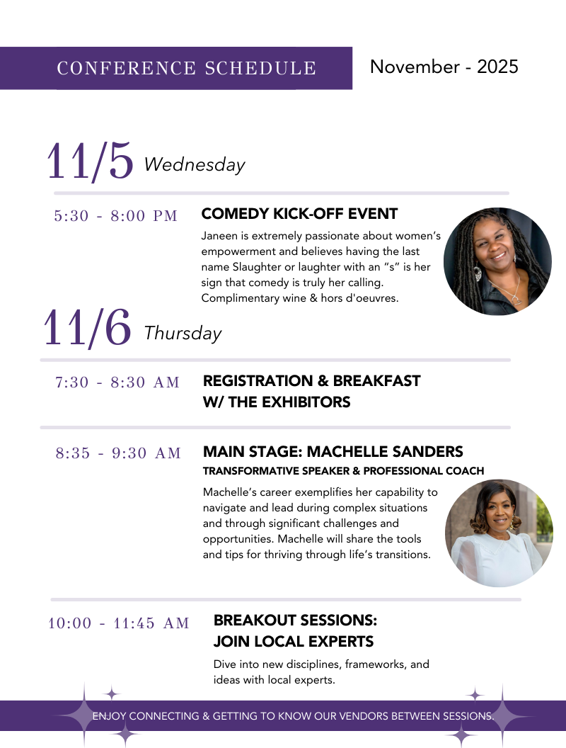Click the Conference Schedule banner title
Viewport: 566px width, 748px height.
(186, 68)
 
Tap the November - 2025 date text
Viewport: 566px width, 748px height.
(444, 67)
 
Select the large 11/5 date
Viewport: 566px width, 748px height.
(90, 161)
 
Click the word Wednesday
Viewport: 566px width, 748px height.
(195, 164)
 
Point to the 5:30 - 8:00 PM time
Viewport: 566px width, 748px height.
(116, 215)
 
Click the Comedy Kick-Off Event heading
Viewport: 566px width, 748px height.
(299, 214)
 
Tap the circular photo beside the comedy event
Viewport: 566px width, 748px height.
(497, 261)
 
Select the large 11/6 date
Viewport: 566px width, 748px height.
(87, 328)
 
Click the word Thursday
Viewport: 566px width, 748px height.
(183, 333)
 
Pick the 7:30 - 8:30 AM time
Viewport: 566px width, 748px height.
(117, 382)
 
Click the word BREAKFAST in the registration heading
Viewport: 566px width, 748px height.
(376, 380)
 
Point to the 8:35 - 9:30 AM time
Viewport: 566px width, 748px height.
(118, 453)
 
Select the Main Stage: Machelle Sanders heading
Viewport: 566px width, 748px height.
(333, 451)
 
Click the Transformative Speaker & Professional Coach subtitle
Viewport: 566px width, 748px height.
(344, 471)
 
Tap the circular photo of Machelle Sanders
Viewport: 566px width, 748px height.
(499, 533)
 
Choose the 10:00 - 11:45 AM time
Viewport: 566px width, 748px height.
(119, 623)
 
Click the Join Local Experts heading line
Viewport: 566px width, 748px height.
(294, 642)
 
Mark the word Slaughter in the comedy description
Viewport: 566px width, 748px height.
(257, 266)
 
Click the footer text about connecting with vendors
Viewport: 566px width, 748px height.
(293, 716)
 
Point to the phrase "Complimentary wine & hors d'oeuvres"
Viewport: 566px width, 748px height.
(300, 298)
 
